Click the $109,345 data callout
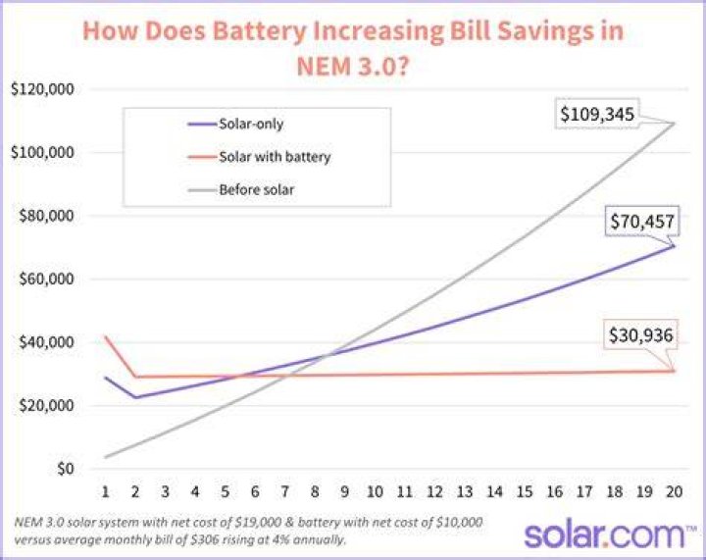597,114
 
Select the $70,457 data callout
642,222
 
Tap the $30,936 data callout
640,335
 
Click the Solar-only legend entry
236,124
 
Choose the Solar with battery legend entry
259,157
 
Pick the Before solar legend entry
241,189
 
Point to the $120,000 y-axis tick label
42,89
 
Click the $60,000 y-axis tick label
46,280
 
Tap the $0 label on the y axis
66,469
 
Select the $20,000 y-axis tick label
46,406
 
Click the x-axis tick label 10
375,491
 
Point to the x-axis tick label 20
674,491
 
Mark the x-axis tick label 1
105,491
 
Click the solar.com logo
610,535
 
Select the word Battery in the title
259,31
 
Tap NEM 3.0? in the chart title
353,66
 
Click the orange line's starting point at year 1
105,335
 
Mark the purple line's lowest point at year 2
135,397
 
